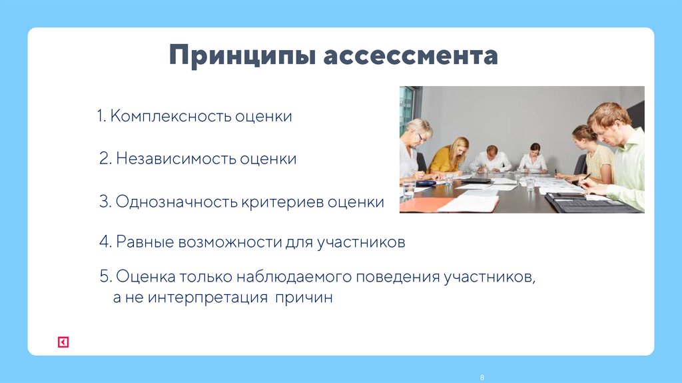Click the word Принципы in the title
click(242, 56)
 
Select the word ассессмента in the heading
click(410, 56)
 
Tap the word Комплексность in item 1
click(171, 116)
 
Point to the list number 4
click(104, 242)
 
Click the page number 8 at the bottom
click(482, 378)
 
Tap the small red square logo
click(63, 342)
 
